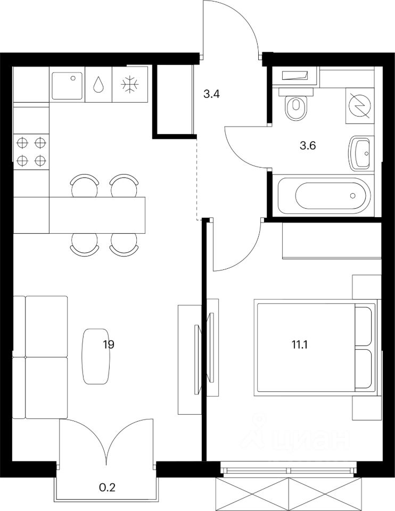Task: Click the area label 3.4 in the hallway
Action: click(x=212, y=95)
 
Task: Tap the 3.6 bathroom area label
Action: click(x=308, y=145)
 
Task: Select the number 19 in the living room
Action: click(x=109, y=344)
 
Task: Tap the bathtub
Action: click(x=324, y=195)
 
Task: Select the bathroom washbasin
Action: click(x=361, y=154)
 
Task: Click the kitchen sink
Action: click(x=68, y=84)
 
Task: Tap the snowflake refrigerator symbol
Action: click(x=129, y=85)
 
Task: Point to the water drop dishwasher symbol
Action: click(x=98, y=85)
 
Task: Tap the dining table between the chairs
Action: click(x=97, y=215)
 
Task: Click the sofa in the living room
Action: click(x=40, y=357)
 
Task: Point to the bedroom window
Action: click(x=288, y=471)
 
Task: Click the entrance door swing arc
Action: click(x=234, y=21)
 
